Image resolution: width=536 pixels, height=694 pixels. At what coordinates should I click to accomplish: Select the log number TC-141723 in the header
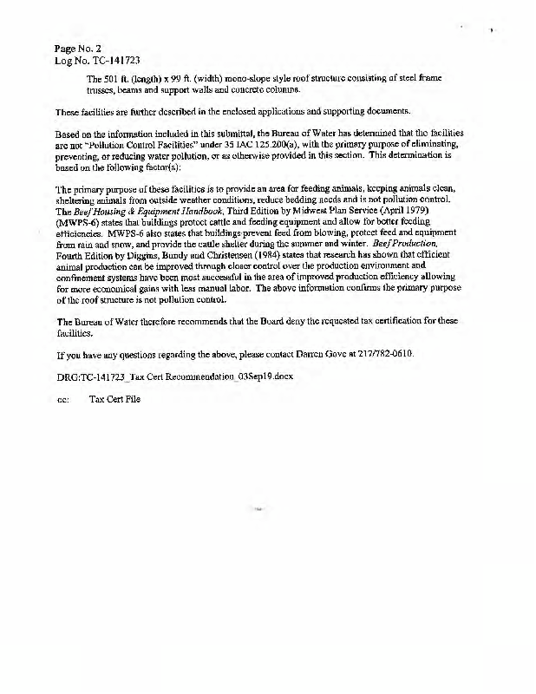click(114, 61)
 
